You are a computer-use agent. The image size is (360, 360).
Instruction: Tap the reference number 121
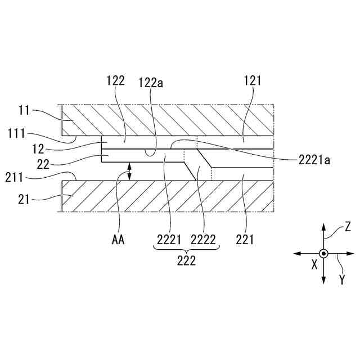coord(253,81)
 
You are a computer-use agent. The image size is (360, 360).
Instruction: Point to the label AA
coord(118,240)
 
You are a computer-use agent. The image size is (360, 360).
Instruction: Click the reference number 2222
coord(204,240)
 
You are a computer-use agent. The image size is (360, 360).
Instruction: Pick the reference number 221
coord(246,240)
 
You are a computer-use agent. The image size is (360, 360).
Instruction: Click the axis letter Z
coord(348,226)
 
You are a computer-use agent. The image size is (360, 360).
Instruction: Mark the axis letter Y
coord(341,278)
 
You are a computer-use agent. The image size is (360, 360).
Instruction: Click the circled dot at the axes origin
coord(323,254)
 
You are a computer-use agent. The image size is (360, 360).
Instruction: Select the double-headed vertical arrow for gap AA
coord(130,171)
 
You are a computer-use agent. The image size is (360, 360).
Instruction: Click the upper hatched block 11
coord(169,120)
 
